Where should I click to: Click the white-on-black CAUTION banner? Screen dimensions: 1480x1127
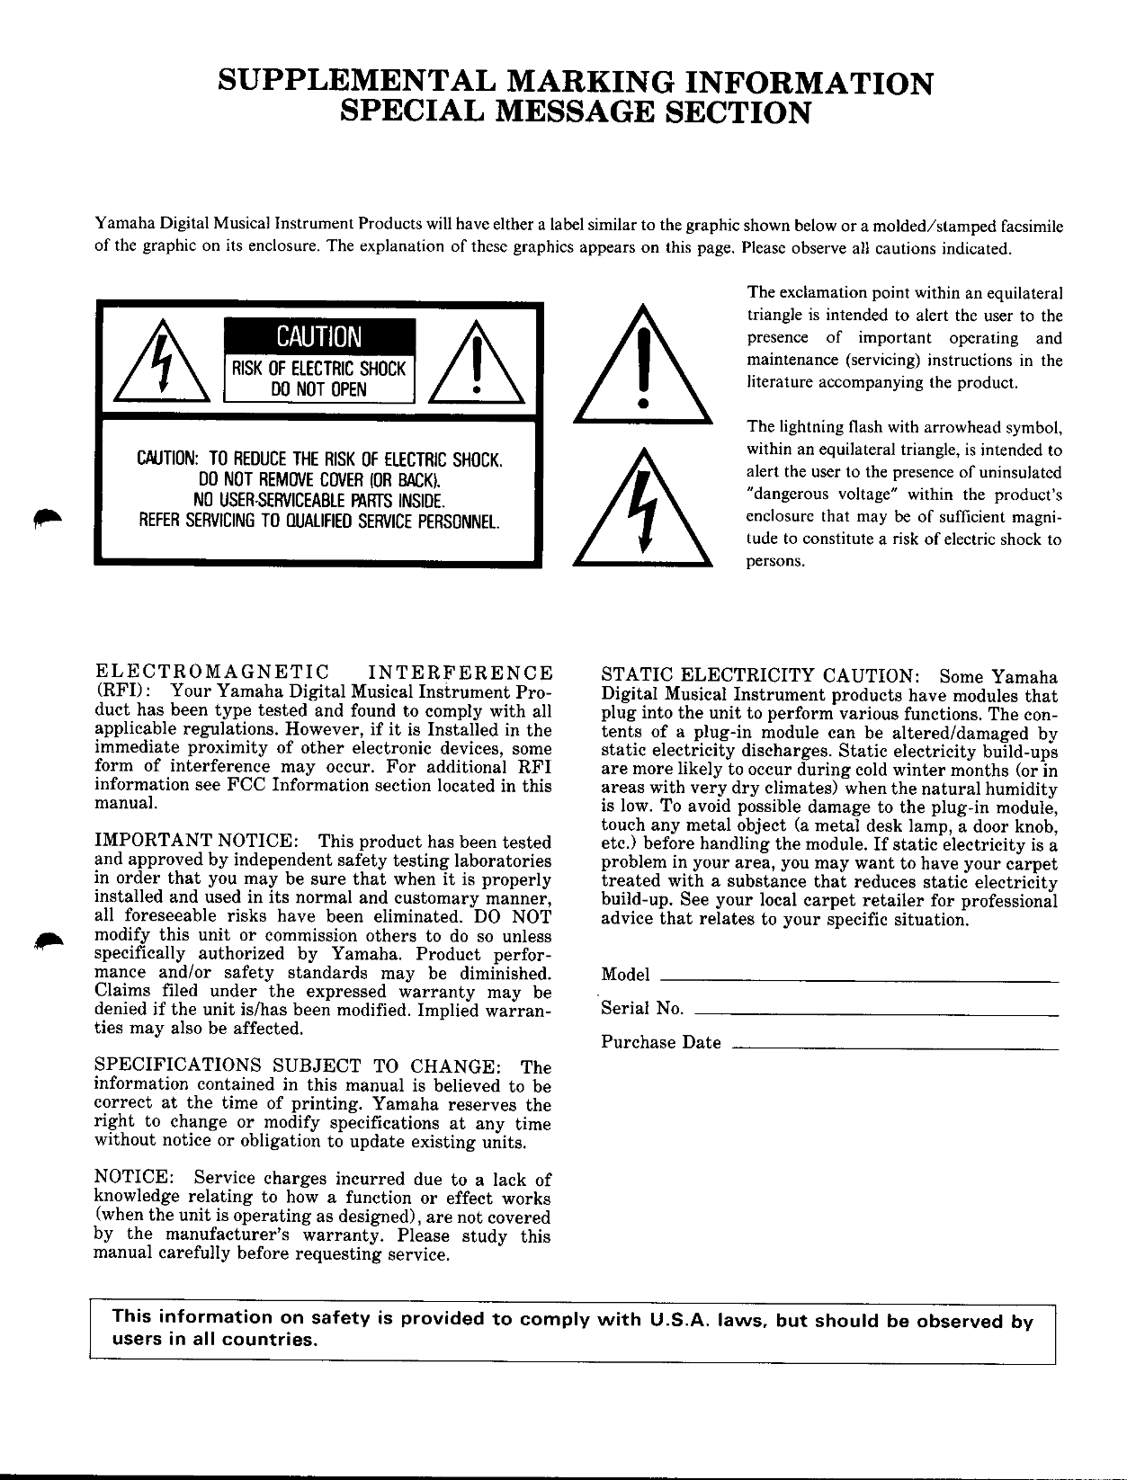pyautogui.click(x=318, y=337)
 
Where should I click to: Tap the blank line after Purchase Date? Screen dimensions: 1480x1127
pyautogui.click(x=895, y=1047)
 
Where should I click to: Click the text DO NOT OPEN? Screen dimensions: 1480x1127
pyautogui.click(x=318, y=389)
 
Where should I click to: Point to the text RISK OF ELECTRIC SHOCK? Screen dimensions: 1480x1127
pyautogui.click(x=318, y=369)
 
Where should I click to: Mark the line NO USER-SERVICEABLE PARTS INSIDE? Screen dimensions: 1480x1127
pyautogui.click(x=317, y=500)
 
